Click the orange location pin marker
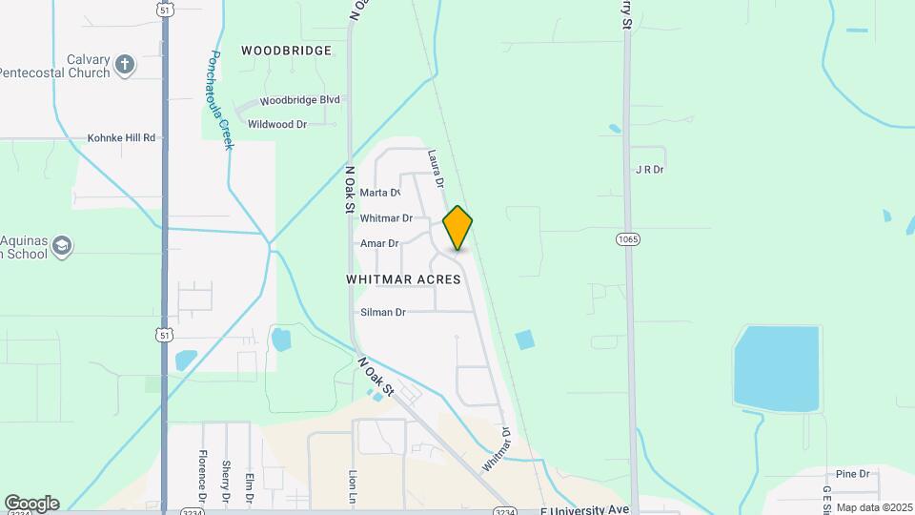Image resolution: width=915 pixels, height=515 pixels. pos(458,227)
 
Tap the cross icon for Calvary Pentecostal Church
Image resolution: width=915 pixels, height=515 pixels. pos(124,65)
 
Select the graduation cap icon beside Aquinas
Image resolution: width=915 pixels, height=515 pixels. pos(63,246)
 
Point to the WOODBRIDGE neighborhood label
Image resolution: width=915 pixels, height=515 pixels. pos(286,50)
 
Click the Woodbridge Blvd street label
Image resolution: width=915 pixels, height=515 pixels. pos(300,99)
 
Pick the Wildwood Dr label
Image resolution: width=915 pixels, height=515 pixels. pos(276,124)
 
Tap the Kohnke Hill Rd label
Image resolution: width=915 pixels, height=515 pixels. pos(121,137)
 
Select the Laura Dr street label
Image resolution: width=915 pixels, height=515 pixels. pos(437,167)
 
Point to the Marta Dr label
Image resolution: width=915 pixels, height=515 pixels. pos(379,193)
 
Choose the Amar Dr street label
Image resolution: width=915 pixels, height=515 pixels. pos(379,243)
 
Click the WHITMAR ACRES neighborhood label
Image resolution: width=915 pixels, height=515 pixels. pos(403,279)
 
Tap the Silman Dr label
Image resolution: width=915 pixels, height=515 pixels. pos(383,312)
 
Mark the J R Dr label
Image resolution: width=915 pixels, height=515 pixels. pos(649,170)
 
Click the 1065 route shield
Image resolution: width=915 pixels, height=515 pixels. pos(627,238)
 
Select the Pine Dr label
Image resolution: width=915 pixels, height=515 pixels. pos(852,473)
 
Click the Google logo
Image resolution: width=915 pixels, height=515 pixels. pos(31,503)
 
